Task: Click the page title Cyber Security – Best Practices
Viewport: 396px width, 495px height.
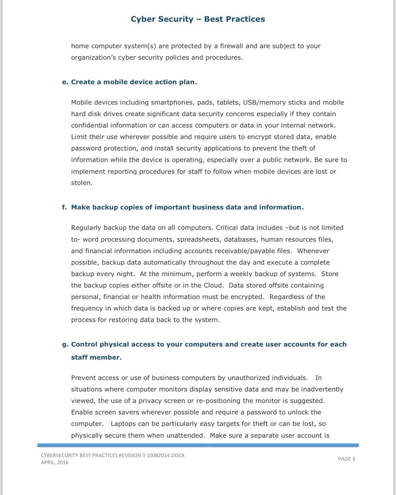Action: pyautogui.click(x=198, y=19)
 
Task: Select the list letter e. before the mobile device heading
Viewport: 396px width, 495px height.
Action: pyautogui.click(x=64, y=82)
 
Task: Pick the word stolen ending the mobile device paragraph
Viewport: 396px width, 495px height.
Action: pyautogui.click(x=81, y=182)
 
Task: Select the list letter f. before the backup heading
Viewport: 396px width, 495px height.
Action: pyautogui.click(x=64, y=207)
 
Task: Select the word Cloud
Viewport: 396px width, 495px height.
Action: pyautogui.click(x=213, y=285)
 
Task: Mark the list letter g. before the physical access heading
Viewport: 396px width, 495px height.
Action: pyautogui.click(x=64, y=344)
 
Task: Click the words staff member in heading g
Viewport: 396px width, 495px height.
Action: pyautogui.click(x=96, y=357)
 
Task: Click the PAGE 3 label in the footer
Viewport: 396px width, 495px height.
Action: pyautogui.click(x=346, y=459)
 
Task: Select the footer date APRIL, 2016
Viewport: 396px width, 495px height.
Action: pyautogui.click(x=55, y=462)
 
